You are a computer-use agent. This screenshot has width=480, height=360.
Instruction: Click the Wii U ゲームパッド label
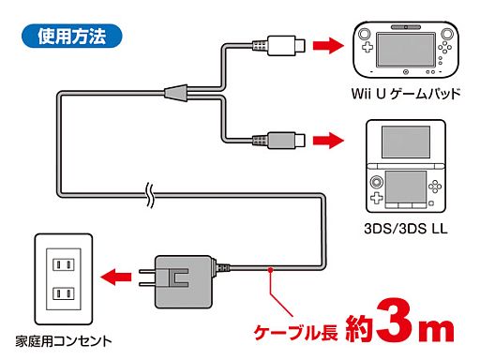[407, 94]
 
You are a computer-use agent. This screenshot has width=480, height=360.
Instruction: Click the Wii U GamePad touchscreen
[407, 47]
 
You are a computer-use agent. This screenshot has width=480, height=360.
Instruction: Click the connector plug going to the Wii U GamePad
[280, 44]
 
